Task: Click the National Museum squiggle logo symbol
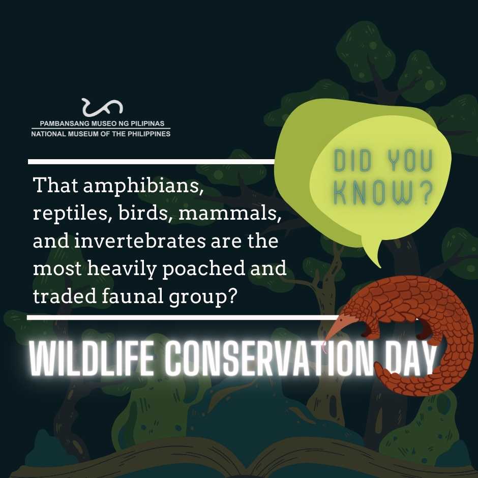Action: (x=102, y=107)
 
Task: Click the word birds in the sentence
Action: (x=143, y=213)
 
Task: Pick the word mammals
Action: (x=230, y=214)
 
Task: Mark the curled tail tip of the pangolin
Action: (x=377, y=369)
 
